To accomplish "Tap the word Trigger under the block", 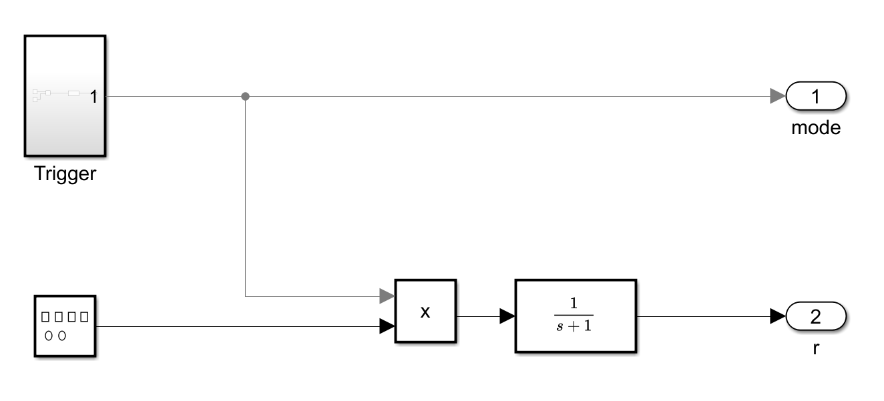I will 65,175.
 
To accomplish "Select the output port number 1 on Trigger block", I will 93,97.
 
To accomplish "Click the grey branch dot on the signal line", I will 245,96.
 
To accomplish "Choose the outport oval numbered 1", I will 816,97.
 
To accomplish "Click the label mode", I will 816,127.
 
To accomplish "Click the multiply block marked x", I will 425,311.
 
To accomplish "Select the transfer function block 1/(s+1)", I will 576,316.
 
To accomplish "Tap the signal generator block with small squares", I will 65,326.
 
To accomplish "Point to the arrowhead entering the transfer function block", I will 507,316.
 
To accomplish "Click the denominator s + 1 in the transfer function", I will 574,325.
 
